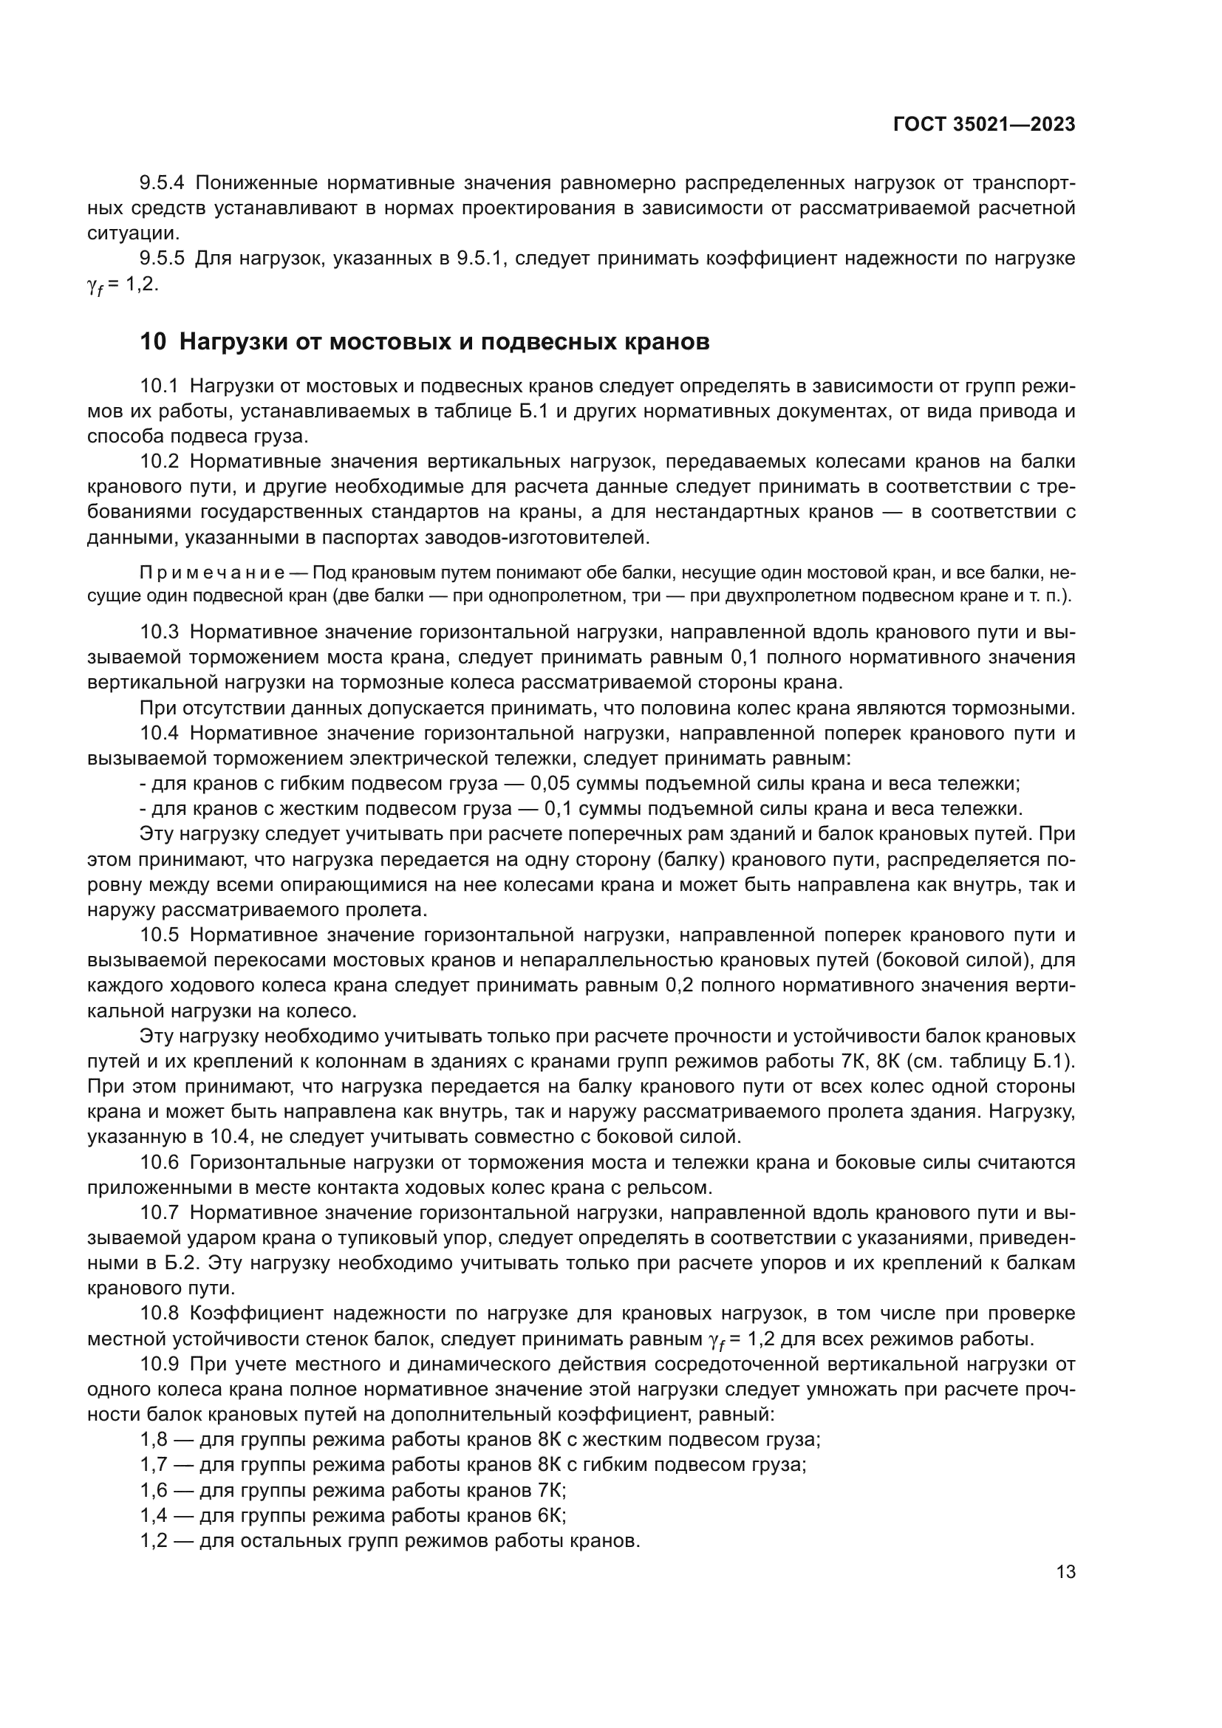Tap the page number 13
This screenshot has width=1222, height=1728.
click(x=1065, y=1572)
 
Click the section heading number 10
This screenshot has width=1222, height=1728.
click(x=153, y=342)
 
